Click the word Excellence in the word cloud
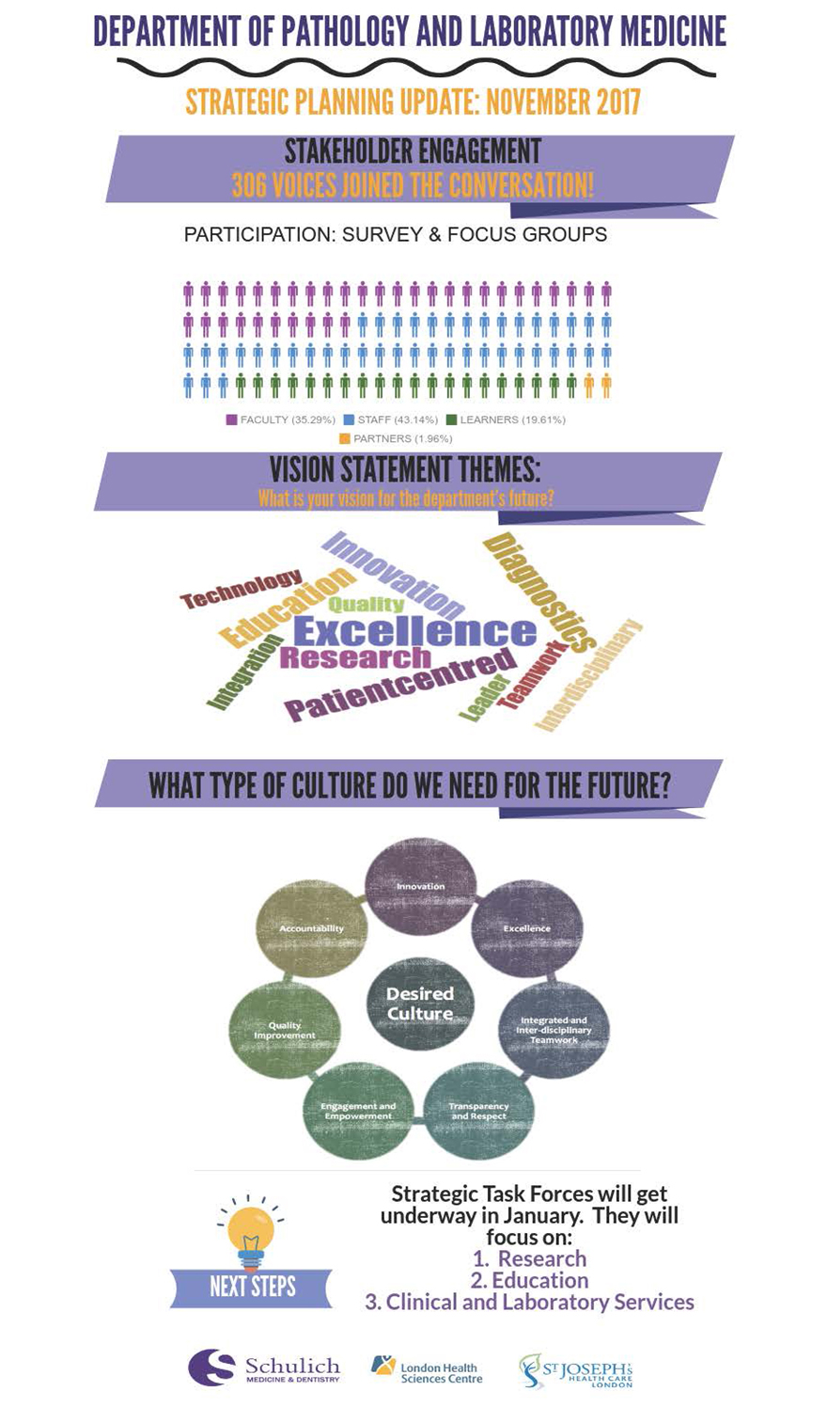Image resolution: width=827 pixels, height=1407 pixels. (414, 631)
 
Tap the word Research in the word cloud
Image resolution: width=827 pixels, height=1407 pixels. (354, 657)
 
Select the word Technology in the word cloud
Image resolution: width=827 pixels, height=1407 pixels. (242, 589)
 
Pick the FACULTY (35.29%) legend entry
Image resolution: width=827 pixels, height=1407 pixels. (281, 419)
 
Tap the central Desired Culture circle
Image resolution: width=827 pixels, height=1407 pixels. (419, 1004)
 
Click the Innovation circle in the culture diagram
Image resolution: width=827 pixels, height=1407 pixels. (420, 887)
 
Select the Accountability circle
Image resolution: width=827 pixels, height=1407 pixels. (312, 928)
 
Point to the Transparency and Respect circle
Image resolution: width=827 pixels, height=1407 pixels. (478, 1111)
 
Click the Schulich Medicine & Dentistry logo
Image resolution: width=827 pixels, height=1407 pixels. (264, 1368)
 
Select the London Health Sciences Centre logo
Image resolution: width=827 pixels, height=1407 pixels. (427, 1370)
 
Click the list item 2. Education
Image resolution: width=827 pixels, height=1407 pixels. (529, 1280)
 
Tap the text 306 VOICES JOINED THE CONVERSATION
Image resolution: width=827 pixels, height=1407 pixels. (413, 185)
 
